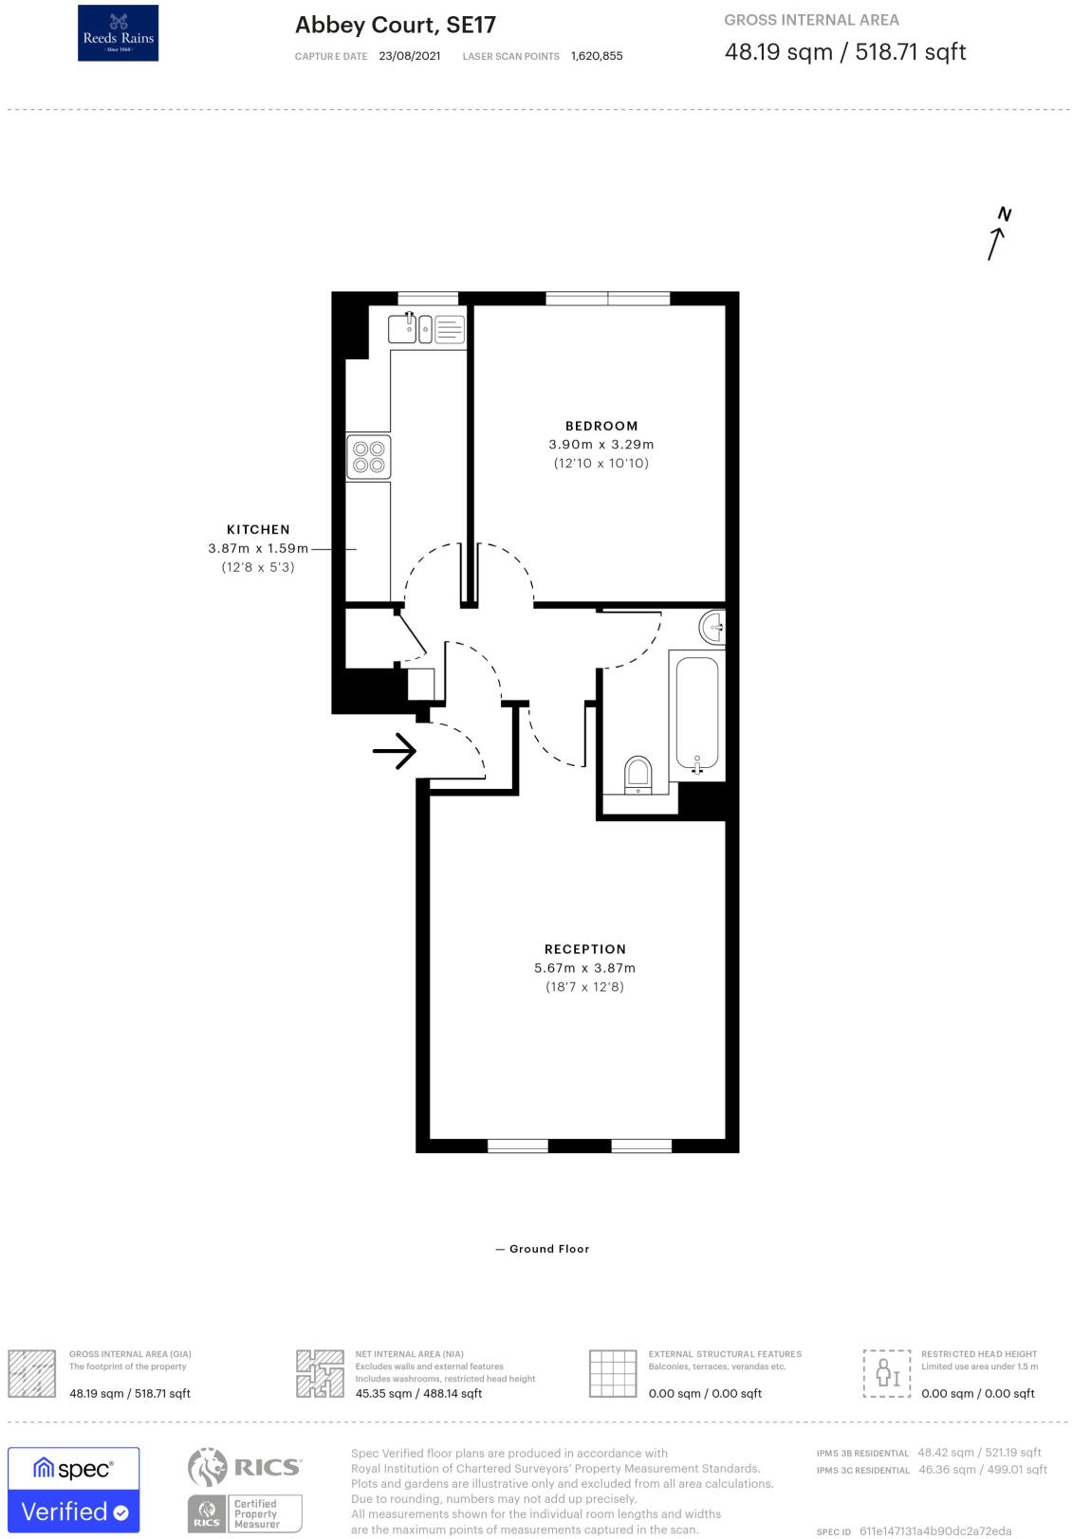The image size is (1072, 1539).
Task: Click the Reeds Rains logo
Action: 118,33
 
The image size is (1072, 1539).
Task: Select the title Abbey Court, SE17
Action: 395,25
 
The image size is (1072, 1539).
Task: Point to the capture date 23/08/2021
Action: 409,56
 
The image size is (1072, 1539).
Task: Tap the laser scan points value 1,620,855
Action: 597,56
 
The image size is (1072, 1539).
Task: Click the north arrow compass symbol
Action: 997,233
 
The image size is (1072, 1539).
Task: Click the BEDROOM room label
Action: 601,426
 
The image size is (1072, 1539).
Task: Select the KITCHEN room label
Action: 258,529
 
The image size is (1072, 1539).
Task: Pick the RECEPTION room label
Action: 585,949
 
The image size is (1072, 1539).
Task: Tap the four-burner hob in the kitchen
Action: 368,456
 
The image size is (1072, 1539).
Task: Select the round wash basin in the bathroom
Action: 713,627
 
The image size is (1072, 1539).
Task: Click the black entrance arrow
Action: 395,752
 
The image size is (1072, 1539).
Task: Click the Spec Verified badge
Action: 74,1490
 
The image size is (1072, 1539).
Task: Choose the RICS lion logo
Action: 208,1467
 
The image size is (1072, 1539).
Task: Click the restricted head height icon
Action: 886,1373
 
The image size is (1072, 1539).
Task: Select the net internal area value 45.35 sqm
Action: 418,1393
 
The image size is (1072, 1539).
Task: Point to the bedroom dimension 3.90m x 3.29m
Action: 601,444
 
